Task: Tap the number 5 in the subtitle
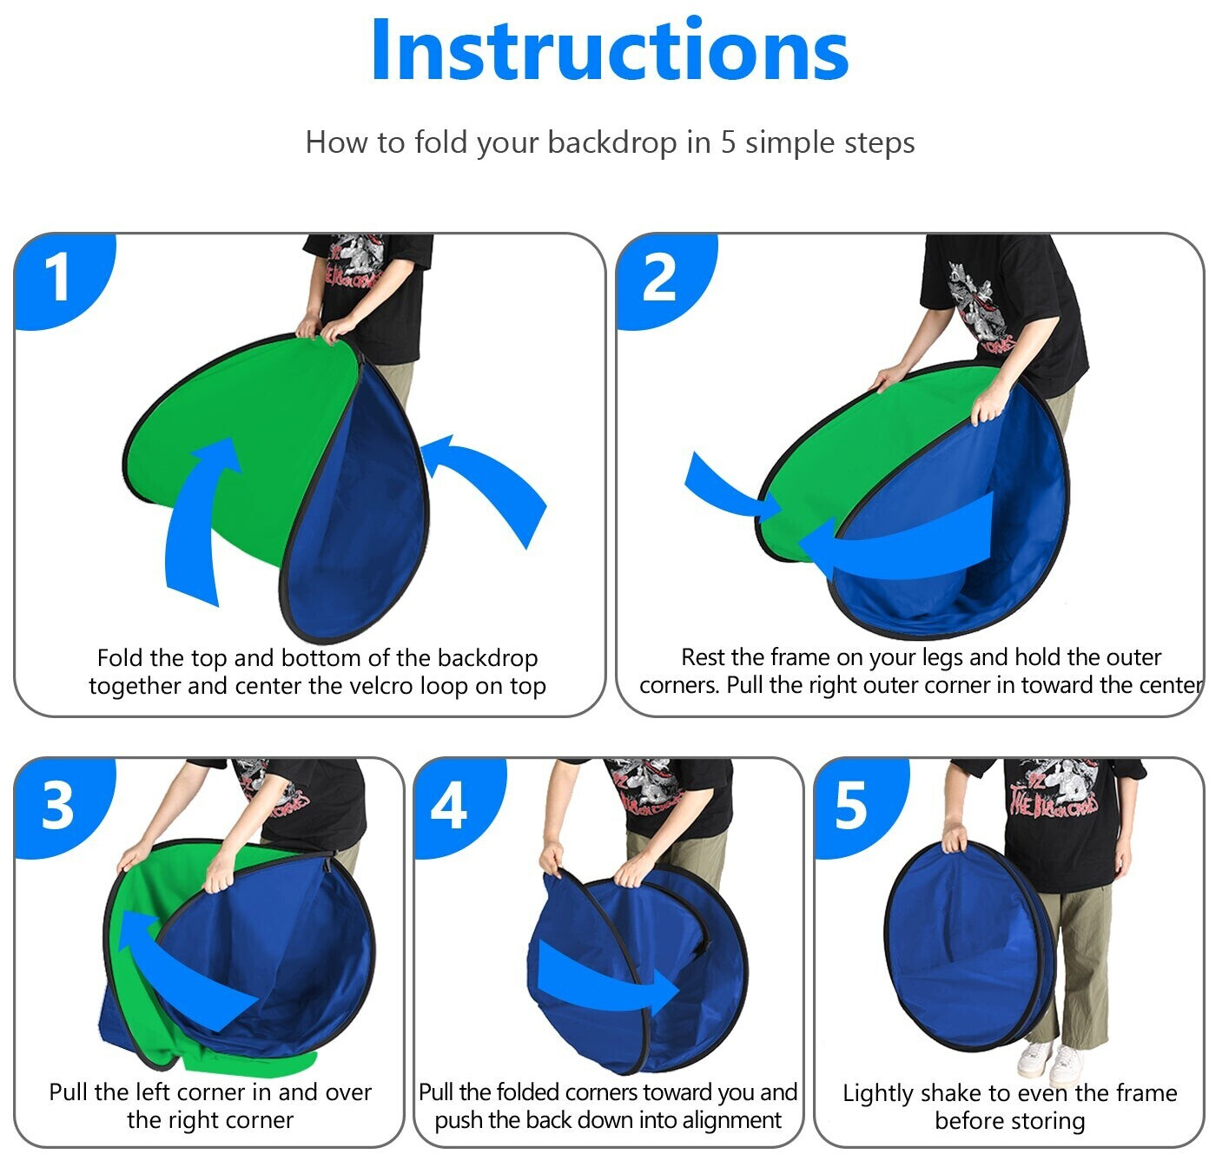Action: tap(728, 142)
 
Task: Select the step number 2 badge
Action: tap(665, 280)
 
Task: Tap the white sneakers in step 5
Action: tap(1051, 1063)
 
